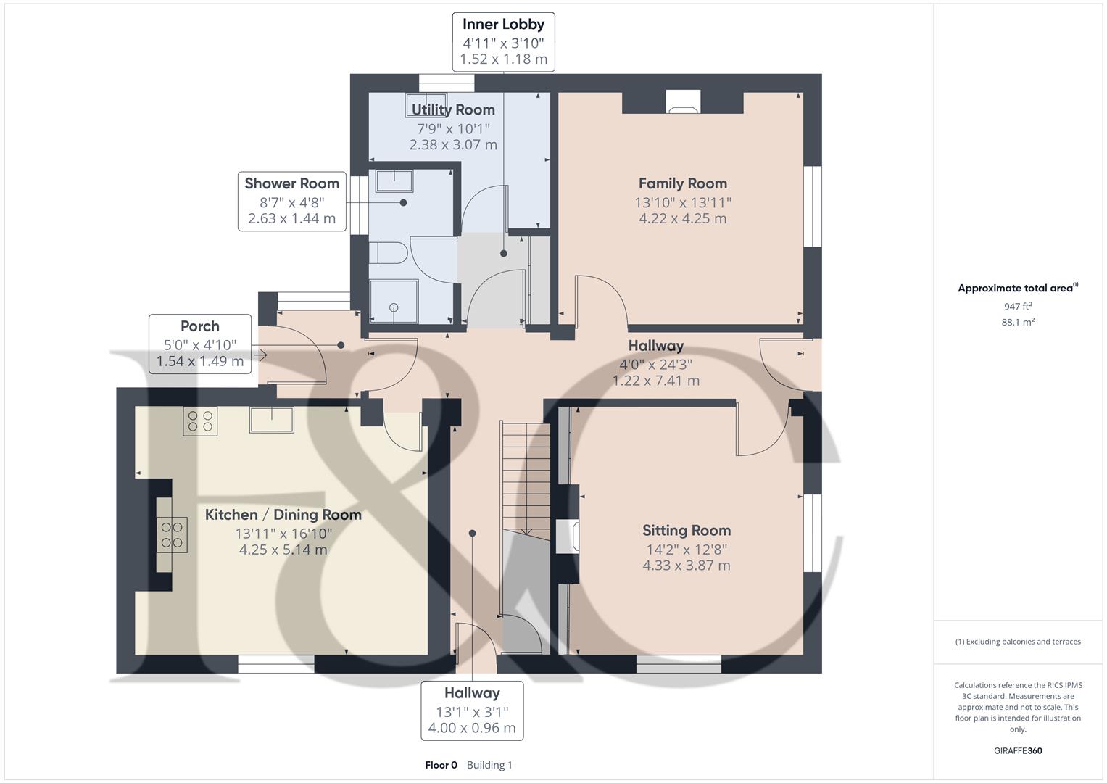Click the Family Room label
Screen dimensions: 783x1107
[x=682, y=183]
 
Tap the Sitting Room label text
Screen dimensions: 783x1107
[x=686, y=530]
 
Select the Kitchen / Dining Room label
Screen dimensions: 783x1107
[x=283, y=515]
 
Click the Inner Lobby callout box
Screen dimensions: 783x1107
[x=503, y=42]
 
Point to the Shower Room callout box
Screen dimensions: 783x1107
[x=291, y=201]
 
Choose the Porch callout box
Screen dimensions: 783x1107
[x=200, y=344]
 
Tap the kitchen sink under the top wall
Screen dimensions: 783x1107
[x=272, y=420]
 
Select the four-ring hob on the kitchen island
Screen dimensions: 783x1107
[x=172, y=534]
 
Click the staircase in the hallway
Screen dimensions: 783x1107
[x=525, y=478]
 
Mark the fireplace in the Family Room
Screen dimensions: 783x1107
[x=683, y=102]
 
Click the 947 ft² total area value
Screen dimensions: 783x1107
[x=1018, y=307]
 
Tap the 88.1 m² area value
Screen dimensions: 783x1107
[x=1018, y=323]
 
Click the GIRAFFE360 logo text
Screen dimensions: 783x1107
[x=1018, y=750]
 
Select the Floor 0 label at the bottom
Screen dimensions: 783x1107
[x=441, y=765]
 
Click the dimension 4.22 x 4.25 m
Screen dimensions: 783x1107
[x=682, y=218]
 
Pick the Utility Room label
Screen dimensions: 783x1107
[x=453, y=110]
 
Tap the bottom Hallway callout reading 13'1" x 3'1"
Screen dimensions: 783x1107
[x=472, y=710]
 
